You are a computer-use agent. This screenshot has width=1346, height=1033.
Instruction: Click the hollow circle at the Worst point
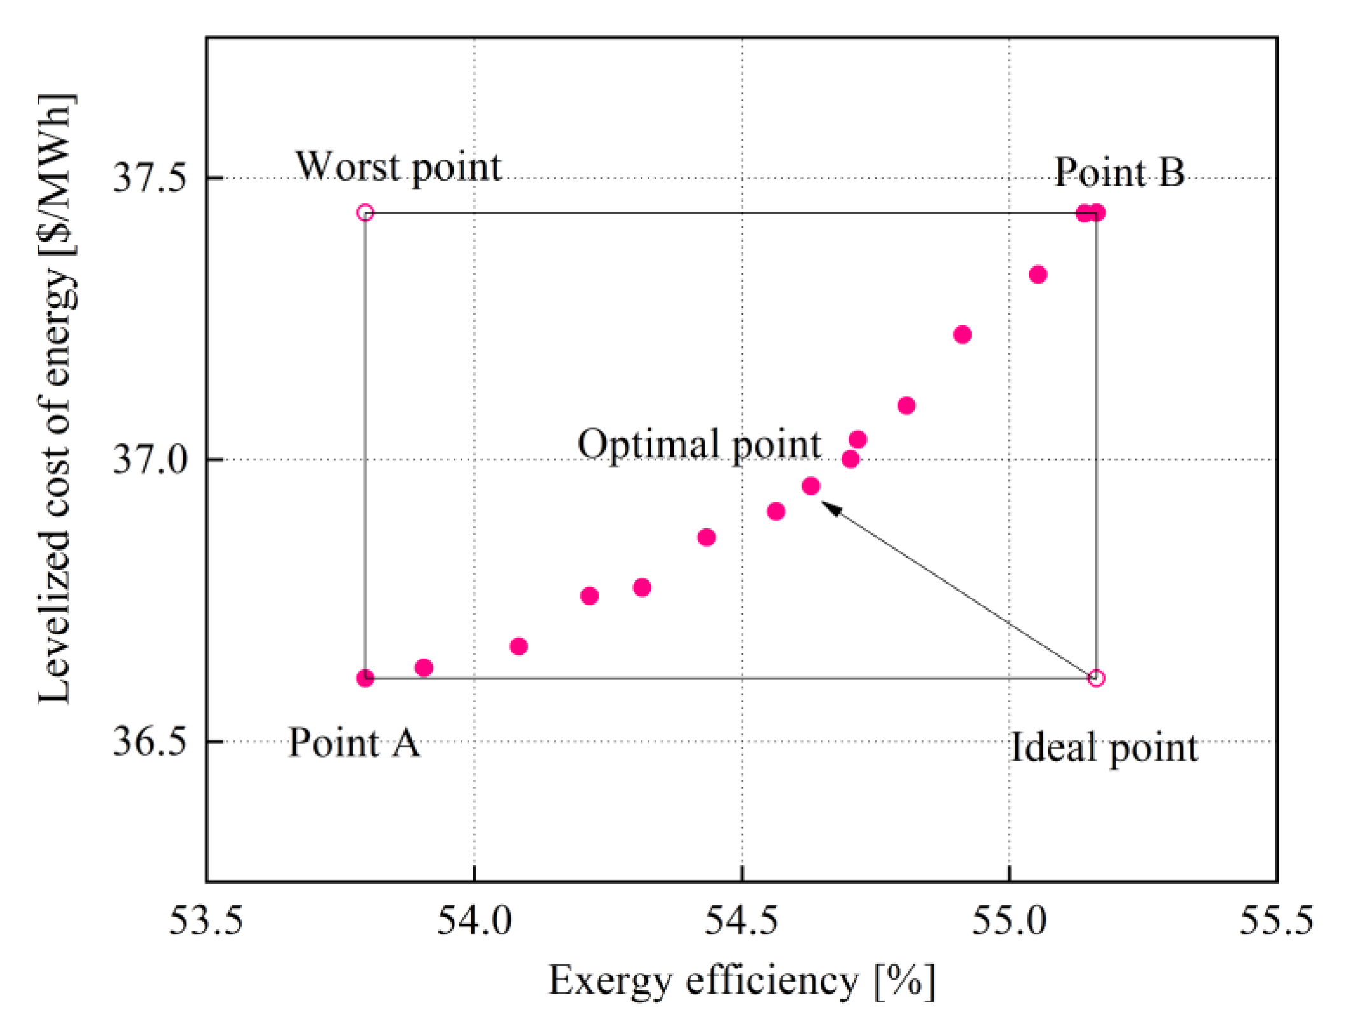(x=365, y=212)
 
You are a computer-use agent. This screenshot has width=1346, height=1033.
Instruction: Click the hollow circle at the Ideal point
(x=1095, y=678)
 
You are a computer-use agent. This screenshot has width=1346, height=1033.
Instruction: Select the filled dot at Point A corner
(x=365, y=678)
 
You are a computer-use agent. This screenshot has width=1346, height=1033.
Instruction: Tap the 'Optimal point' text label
(x=699, y=445)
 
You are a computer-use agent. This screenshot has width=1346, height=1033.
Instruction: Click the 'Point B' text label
(x=1119, y=172)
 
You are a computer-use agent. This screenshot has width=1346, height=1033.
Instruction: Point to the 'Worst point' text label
(x=398, y=167)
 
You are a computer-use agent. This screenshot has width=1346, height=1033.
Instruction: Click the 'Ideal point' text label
(x=1104, y=748)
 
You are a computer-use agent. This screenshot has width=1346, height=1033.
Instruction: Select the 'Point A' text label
(x=354, y=742)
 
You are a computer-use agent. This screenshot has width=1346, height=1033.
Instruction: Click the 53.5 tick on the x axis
(x=206, y=921)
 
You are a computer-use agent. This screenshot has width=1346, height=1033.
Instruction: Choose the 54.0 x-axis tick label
(x=474, y=921)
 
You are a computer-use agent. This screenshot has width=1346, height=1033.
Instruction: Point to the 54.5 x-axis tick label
(x=742, y=921)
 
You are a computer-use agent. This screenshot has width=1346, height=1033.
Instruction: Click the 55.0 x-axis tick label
(x=1009, y=921)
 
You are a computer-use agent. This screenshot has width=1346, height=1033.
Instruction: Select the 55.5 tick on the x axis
(x=1276, y=921)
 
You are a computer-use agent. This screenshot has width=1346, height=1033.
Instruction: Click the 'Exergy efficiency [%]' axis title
(x=742, y=981)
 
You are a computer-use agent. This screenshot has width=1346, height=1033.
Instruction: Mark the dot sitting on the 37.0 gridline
(x=850, y=459)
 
